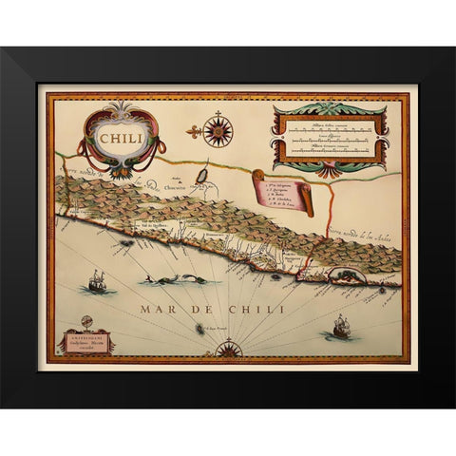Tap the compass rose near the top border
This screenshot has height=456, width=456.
218,129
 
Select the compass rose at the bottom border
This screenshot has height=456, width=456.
228,349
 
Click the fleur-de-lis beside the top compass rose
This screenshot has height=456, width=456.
192,129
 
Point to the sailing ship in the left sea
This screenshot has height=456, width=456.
96,281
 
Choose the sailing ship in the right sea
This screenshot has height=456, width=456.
339,328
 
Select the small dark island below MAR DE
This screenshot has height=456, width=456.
200,328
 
